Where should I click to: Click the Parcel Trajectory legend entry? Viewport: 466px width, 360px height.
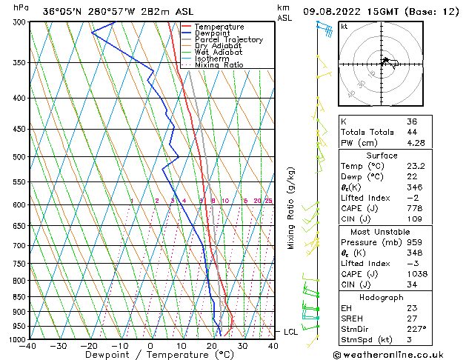[228, 40]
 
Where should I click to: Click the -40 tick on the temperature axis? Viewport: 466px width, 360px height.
[27, 346]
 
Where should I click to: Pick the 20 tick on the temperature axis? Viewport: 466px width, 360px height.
[212, 346]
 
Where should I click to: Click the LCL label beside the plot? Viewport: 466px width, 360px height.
[291, 332]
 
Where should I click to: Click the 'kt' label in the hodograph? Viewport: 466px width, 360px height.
[344, 26]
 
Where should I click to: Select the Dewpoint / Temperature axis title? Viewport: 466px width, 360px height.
[150, 356]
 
